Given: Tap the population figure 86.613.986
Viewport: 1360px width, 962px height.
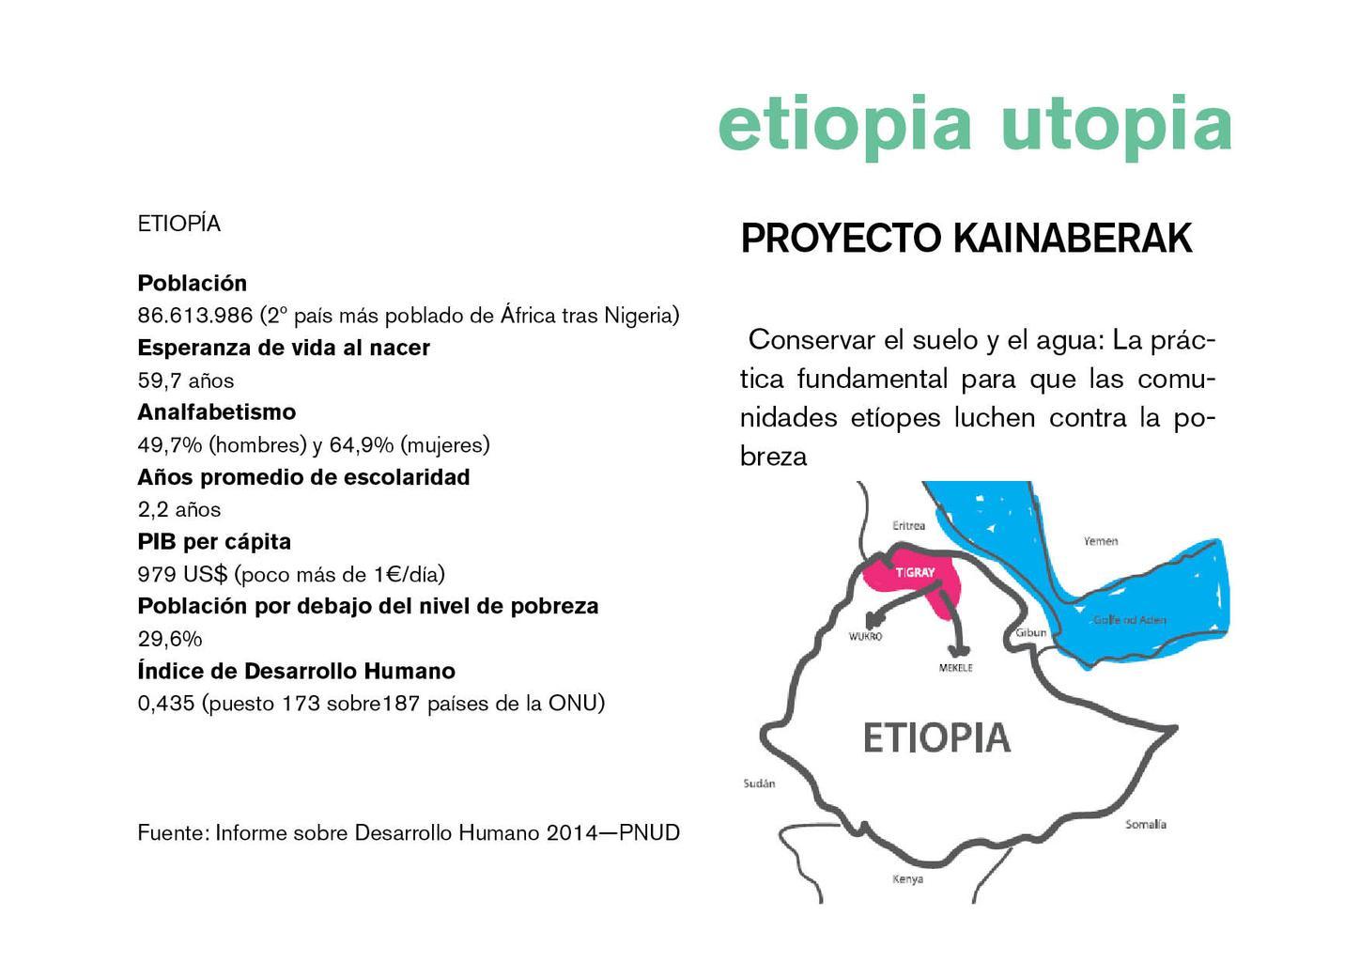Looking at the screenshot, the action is point(195,316).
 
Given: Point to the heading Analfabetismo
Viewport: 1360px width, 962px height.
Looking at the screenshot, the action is point(217,412).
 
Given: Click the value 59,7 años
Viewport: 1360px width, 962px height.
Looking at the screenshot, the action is point(186,380).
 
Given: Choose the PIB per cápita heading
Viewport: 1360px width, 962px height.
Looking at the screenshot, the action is point(214,542).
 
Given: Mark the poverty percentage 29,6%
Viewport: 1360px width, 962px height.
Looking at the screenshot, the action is point(170,639).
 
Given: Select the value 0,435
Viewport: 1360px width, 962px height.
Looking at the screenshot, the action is point(165,704).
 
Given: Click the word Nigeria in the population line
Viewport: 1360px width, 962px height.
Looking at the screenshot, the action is point(641,316).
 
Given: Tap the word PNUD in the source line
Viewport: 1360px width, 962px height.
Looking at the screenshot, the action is point(649,832).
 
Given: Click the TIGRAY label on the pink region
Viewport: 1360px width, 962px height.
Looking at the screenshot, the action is point(915,572).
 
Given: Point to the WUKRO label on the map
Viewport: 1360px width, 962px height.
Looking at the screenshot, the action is point(865,636).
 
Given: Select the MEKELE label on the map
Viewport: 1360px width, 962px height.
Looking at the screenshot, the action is point(955,668).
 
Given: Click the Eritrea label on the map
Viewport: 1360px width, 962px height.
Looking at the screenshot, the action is point(908,525).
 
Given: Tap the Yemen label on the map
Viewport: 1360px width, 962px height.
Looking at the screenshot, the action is point(1101,540).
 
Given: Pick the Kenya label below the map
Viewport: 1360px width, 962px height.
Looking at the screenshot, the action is point(907,878).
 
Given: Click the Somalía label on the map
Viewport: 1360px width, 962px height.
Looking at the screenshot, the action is point(1146,824).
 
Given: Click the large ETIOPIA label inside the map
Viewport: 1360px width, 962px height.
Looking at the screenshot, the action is point(936,738).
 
